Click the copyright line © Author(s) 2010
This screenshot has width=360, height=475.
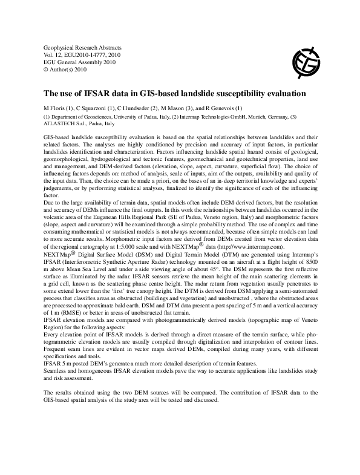pyautogui.click(x=65, y=69)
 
